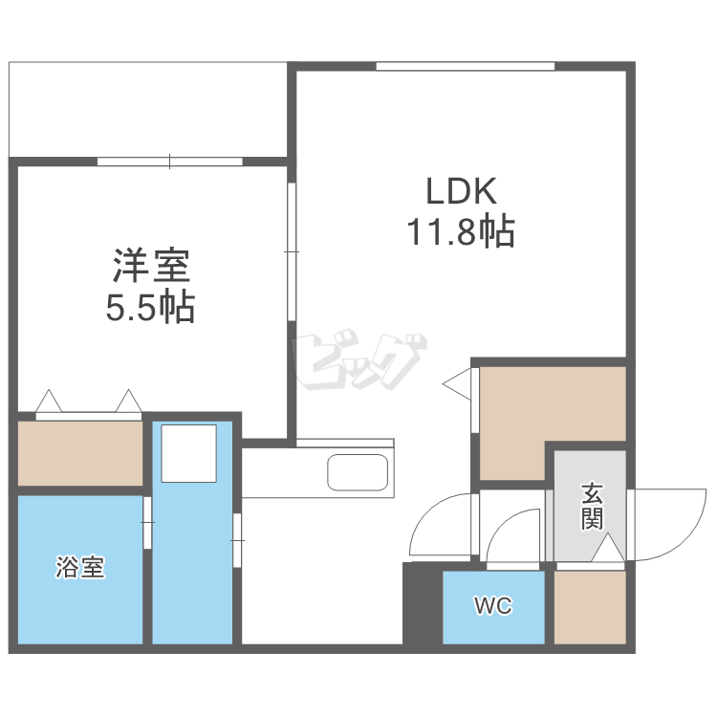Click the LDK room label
tap(461, 190)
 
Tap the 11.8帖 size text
tap(461, 231)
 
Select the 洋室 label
tap(151, 266)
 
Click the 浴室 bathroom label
tap(80, 567)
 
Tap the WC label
tap(493, 606)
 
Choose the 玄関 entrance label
tap(592, 506)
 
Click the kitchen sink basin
tap(358, 472)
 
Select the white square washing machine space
tap(189, 453)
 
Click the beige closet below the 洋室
tap(80, 453)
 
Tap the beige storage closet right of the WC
tap(590, 607)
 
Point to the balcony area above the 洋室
tap(147, 110)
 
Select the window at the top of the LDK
tap(466, 66)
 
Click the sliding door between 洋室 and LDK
tap(292, 252)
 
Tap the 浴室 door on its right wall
tap(147, 523)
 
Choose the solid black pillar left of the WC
tap(423, 603)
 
